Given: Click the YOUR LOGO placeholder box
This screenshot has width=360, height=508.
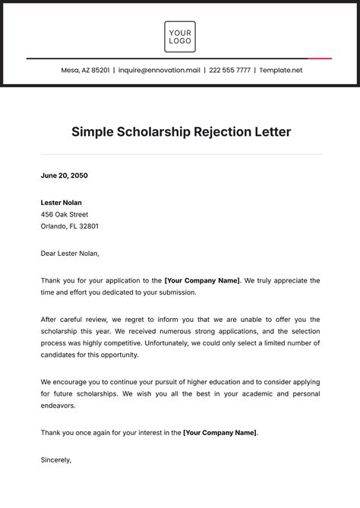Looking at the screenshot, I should [x=180, y=36].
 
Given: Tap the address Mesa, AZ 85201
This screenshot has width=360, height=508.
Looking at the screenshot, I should [x=86, y=70].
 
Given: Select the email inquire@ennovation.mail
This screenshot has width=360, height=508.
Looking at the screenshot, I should [x=159, y=70].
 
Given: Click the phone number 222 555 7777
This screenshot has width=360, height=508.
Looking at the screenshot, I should [x=229, y=70].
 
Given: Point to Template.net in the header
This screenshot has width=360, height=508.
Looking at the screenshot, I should [x=281, y=70].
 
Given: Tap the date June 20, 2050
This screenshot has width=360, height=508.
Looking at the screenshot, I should [x=65, y=175].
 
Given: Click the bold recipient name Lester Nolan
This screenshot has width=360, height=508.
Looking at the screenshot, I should [x=62, y=203].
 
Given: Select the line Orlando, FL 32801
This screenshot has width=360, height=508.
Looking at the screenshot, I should [x=70, y=226].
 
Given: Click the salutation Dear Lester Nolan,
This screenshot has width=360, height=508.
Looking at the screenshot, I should [x=71, y=253].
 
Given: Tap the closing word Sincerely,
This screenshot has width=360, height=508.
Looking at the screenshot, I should [x=56, y=459].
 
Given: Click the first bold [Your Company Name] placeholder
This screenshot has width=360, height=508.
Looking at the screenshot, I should [x=202, y=280].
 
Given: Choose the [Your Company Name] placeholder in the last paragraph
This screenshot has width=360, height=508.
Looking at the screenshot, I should [x=220, y=433].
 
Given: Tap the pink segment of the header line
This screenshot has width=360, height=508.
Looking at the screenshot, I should [x=320, y=58].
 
